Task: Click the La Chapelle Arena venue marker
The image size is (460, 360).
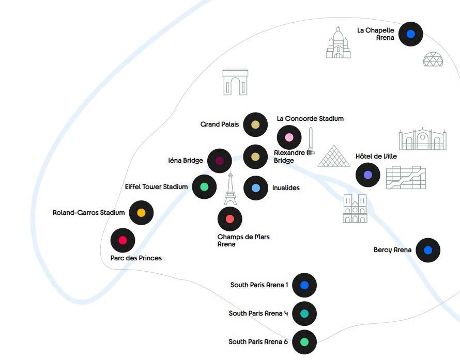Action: point(410,34)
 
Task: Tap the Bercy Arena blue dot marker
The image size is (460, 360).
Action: point(427,251)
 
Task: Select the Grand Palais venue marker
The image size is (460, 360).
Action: point(255,124)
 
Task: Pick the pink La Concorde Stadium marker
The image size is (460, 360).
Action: point(289,137)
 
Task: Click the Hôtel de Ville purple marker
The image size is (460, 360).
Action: point(368,175)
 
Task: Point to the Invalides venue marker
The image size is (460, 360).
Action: point(255,188)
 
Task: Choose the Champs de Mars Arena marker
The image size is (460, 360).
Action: point(230,219)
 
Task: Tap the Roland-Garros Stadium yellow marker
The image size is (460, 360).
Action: point(141,212)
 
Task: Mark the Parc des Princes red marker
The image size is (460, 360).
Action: point(123,240)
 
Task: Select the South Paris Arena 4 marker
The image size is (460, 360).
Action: point(304,313)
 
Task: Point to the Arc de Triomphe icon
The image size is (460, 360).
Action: point(235,82)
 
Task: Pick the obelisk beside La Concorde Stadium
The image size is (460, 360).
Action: point(311,141)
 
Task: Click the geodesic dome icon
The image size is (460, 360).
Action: point(432,59)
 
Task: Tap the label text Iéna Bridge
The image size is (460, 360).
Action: point(186,161)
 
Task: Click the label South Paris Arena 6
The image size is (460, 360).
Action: point(258,342)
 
